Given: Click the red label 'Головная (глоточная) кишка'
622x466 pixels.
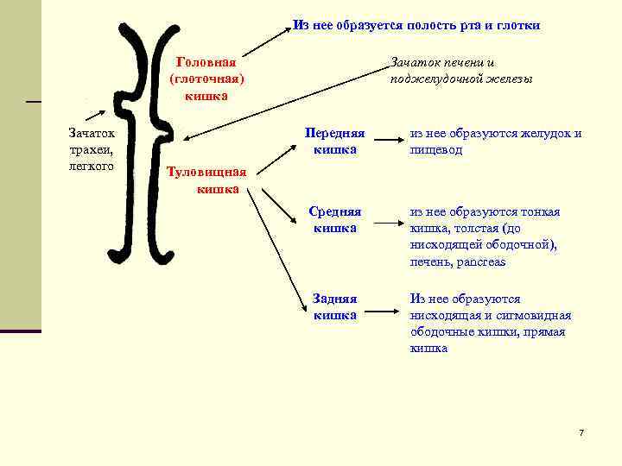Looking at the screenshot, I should (x=206, y=79).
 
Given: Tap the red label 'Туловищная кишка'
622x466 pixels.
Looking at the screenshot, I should (x=206, y=179).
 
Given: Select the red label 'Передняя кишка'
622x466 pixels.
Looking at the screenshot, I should (x=335, y=142).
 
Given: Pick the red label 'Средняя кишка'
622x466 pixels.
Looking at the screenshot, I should (x=335, y=219).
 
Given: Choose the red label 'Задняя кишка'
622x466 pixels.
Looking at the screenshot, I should (x=335, y=306).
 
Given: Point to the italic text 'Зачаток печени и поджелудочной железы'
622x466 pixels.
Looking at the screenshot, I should (x=460, y=71).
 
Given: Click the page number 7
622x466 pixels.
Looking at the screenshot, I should (x=581, y=431).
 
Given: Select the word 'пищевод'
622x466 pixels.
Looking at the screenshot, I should (x=436, y=150).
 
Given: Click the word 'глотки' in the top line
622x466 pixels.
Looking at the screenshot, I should (x=520, y=25).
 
